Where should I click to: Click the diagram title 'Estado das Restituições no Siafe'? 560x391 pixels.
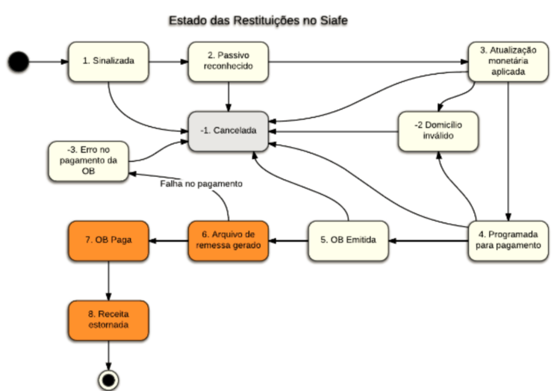tap(258, 20)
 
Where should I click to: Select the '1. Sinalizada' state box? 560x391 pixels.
tap(109, 61)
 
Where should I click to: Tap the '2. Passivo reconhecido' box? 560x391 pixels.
tap(228, 61)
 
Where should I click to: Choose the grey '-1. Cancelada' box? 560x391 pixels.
tap(228, 131)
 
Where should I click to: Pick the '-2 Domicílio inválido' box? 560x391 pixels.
tap(438, 131)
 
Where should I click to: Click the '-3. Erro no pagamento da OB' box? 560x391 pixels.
tap(87, 160)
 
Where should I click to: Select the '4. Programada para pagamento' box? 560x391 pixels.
tap(508, 240)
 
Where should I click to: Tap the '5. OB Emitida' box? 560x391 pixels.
tap(349, 240)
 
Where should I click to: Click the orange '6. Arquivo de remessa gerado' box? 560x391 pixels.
tap(228, 240)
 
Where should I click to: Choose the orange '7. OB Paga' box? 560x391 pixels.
tap(109, 240)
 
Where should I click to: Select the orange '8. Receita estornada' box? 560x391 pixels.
tap(109, 319)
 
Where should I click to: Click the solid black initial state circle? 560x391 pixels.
tap(19, 61)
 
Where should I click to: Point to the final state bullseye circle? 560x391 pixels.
tap(109, 380)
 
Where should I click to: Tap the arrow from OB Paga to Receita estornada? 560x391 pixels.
tap(109, 280)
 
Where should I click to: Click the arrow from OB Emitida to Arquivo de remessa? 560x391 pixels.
tap(288, 240)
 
